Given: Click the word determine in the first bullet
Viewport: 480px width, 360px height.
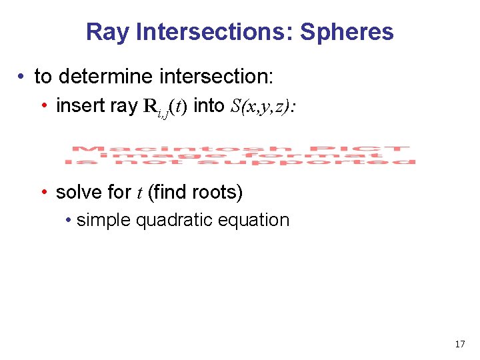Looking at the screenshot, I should tap(107, 77).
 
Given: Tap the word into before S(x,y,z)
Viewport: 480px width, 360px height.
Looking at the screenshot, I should tap(209, 106).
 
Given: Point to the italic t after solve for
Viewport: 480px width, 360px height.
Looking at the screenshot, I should tap(139, 193).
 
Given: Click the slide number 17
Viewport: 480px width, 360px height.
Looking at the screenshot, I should tap(459, 344).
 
